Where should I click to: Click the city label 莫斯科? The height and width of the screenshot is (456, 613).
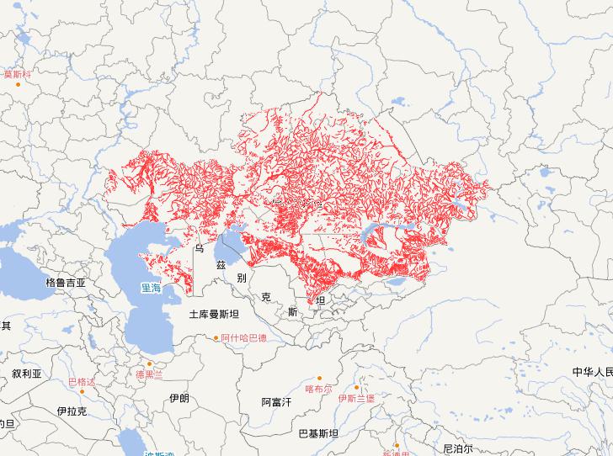[x=19, y=74]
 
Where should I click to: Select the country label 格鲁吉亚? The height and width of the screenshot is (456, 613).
[x=67, y=283]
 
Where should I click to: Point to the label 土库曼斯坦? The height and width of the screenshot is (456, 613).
[x=214, y=315]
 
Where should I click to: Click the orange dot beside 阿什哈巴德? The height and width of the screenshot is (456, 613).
[x=216, y=338]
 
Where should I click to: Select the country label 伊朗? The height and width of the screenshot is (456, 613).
[x=179, y=398]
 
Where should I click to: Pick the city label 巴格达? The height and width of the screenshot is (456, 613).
[x=82, y=383]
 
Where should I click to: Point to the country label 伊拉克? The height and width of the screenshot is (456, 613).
[x=72, y=411]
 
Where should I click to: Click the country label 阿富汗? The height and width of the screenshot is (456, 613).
[x=275, y=402]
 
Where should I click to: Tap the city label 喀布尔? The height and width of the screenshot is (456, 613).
[x=319, y=389]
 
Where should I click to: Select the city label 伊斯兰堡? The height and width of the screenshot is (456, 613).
[x=356, y=398]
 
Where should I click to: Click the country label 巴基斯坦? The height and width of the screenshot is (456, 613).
[x=318, y=434]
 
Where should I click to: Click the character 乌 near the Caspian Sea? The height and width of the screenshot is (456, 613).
[x=199, y=249]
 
